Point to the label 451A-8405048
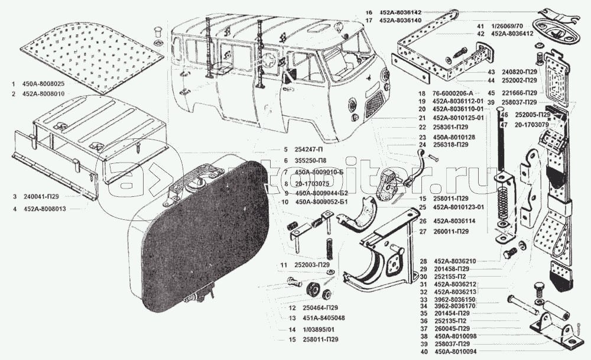point(311,317)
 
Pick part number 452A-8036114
point(454,221)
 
